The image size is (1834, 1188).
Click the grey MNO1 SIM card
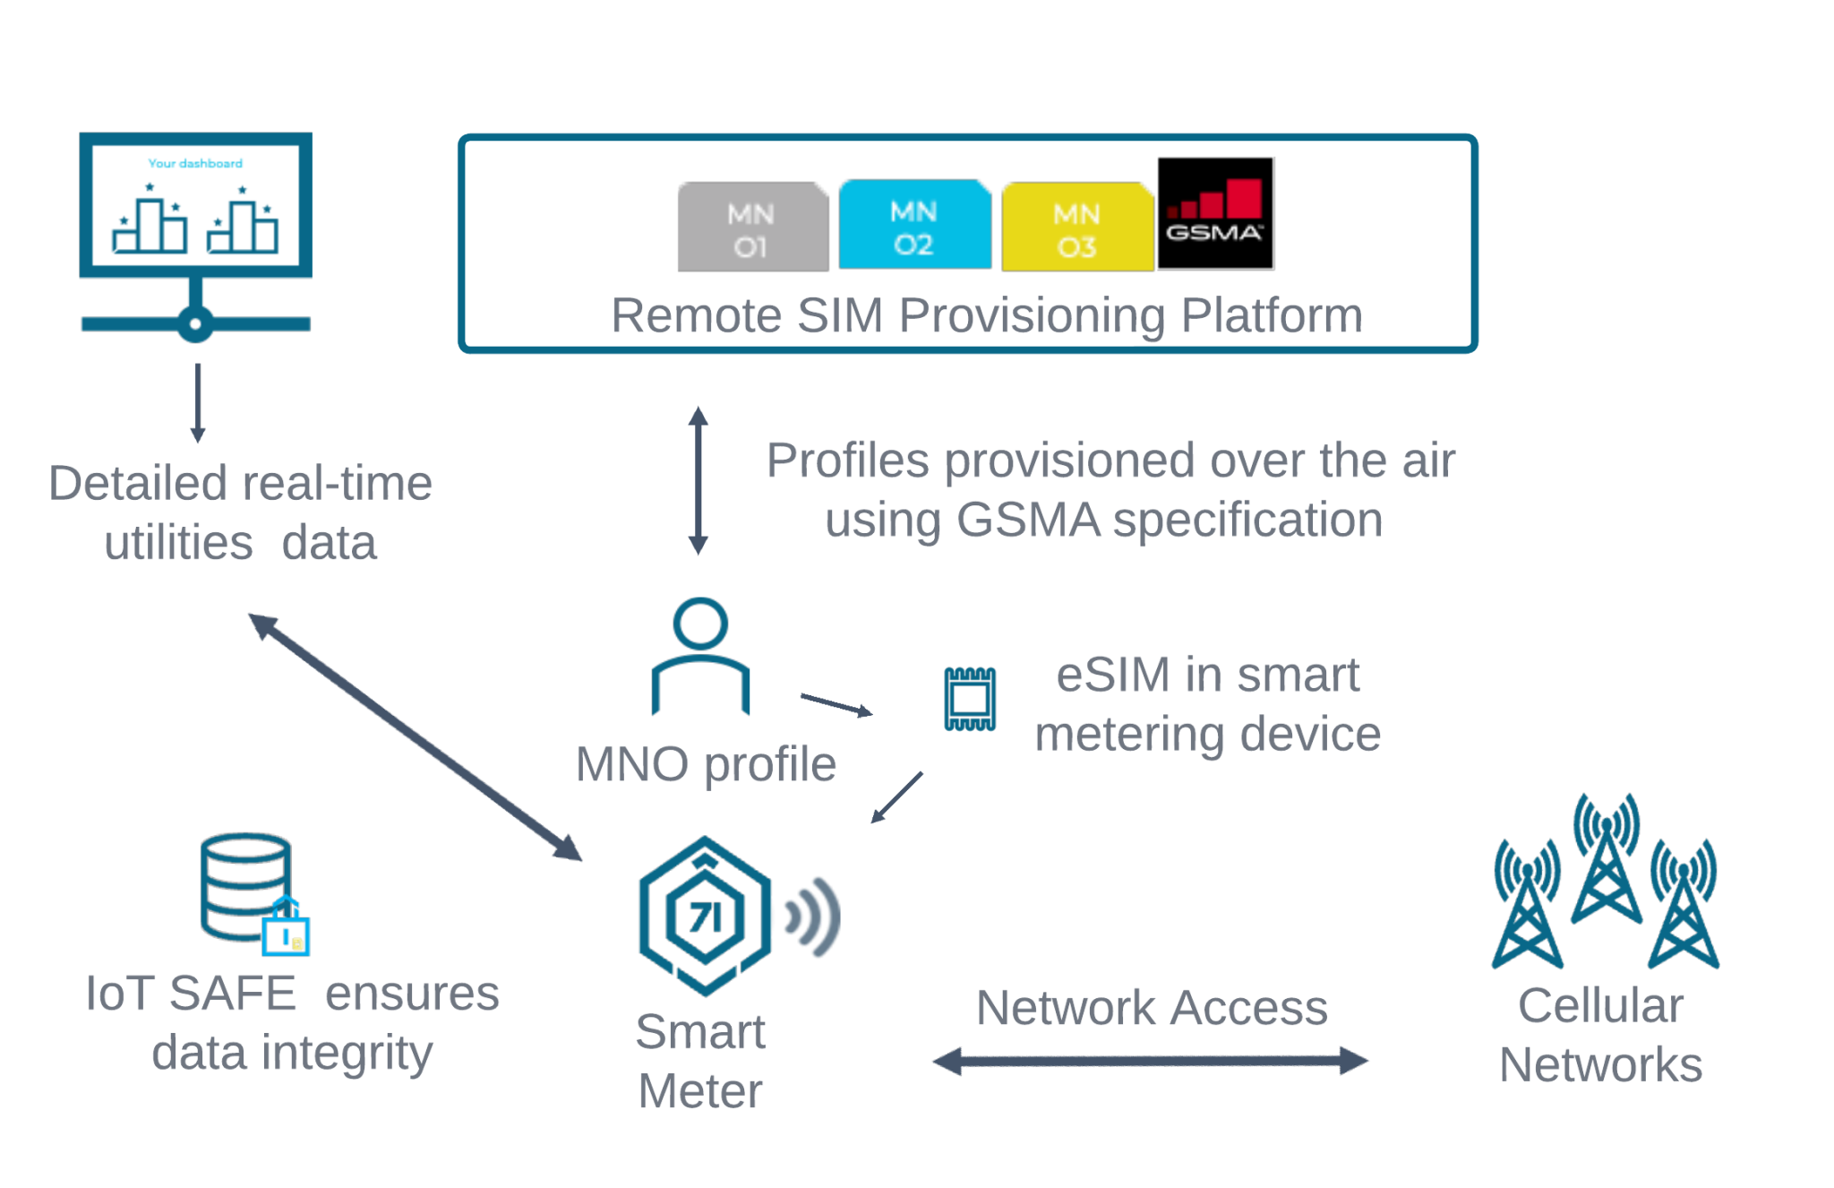[751, 228]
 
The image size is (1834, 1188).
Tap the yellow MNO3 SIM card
[1076, 228]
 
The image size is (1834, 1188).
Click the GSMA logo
[1215, 213]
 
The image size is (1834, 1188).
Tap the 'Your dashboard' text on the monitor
[195, 163]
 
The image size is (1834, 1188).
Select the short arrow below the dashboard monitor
[198, 402]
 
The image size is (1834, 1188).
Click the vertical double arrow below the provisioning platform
[698, 480]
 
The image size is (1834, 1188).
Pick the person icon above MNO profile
[700, 655]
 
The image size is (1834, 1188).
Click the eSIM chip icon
[970, 699]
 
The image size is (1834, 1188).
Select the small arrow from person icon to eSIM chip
[836, 705]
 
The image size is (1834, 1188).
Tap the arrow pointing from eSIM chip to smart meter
[897, 797]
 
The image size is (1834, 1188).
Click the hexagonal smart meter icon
[705, 916]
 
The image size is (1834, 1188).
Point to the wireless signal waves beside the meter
[813, 917]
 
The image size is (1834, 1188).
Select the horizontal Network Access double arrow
[1150, 1062]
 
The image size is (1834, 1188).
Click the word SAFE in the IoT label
[232, 994]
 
